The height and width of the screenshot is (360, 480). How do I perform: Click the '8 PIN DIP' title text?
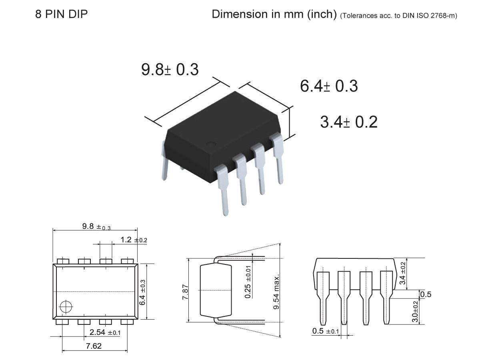62,15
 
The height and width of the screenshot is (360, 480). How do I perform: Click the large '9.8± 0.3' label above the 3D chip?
170,70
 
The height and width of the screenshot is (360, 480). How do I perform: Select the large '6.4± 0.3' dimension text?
329,86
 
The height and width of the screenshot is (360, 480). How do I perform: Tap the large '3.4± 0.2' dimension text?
349,122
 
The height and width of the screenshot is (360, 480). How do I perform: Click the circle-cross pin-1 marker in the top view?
66,307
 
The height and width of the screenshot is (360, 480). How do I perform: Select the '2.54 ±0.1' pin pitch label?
105,332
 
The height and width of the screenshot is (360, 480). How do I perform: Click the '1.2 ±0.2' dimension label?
134,240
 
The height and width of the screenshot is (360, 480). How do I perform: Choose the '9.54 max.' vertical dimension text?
276,292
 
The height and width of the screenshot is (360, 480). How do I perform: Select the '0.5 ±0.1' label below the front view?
325,331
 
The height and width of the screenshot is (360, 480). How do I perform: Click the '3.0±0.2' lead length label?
415,312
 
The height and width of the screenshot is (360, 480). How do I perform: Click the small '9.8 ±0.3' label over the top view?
96,226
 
